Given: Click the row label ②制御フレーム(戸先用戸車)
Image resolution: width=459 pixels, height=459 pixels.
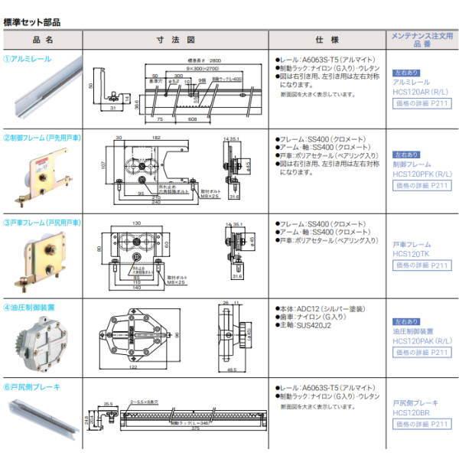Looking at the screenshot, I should pos(44,138).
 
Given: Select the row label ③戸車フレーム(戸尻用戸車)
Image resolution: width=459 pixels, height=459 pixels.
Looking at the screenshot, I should pos(44,221).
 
